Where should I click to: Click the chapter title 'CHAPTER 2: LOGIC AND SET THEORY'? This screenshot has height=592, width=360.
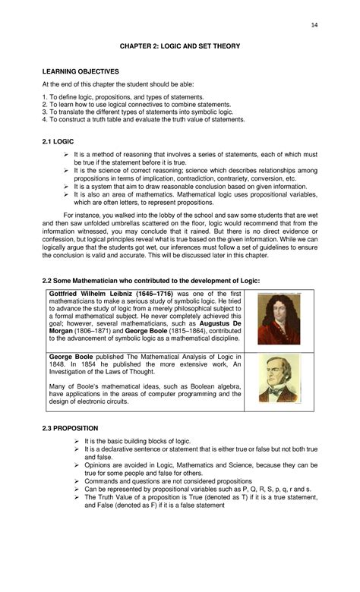[x=180, y=46]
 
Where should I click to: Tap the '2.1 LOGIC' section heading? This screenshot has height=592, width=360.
[x=58, y=141]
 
